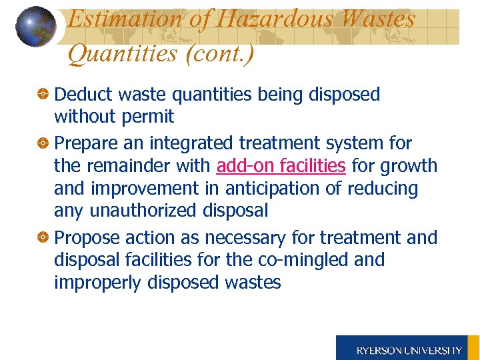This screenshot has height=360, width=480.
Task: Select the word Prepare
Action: click(83, 143)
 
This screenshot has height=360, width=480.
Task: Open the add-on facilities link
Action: click(281, 165)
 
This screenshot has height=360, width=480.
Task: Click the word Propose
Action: click(84, 238)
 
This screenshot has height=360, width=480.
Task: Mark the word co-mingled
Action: click(299, 259)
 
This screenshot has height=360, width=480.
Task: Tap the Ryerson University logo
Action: click(408, 349)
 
